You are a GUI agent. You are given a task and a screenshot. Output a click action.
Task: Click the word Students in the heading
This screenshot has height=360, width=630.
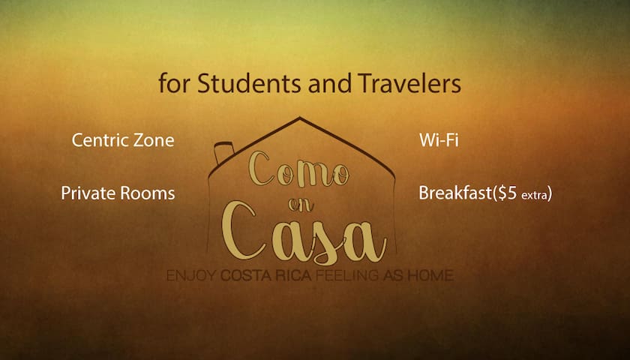pyautogui.click(x=249, y=83)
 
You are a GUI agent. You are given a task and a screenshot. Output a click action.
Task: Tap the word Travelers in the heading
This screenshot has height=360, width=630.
pyautogui.click(x=409, y=83)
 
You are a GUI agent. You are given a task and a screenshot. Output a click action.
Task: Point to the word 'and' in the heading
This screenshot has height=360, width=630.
pyautogui.click(x=329, y=83)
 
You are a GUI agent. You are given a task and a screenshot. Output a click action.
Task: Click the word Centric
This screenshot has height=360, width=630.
pyautogui.click(x=100, y=140)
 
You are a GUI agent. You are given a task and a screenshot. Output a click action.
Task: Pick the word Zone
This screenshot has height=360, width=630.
pyautogui.click(x=154, y=140)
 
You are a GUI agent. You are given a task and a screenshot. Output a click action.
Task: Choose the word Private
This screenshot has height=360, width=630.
pyautogui.click(x=88, y=193)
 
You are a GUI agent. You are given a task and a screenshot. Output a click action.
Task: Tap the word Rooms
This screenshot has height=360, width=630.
pyautogui.click(x=148, y=193)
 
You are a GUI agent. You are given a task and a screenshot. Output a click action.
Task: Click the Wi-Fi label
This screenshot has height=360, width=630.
pyautogui.click(x=439, y=140)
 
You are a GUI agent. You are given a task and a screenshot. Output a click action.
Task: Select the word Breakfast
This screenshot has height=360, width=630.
pyautogui.click(x=454, y=193)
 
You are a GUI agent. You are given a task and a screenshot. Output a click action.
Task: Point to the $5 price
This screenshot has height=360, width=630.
pyautogui.click(x=507, y=193)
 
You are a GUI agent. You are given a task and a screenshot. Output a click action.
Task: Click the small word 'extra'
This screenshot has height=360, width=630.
pyautogui.click(x=534, y=195)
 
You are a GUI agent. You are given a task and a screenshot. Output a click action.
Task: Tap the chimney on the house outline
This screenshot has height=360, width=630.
pyautogui.click(x=224, y=153)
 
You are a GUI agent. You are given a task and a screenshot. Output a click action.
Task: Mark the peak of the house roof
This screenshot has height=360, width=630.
pyautogui.click(x=299, y=117)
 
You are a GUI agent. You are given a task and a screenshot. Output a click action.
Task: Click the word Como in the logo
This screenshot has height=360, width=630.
pyautogui.click(x=298, y=169)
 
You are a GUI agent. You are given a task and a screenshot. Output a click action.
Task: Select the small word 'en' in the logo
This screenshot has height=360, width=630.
pyautogui.click(x=301, y=205)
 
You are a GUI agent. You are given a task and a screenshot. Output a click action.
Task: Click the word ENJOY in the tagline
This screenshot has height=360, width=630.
pyautogui.click(x=191, y=276)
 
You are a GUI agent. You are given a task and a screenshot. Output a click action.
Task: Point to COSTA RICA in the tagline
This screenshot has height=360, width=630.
pyautogui.click(x=266, y=276)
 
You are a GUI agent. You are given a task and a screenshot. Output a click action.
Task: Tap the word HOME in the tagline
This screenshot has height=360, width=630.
pyautogui.click(x=430, y=276)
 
